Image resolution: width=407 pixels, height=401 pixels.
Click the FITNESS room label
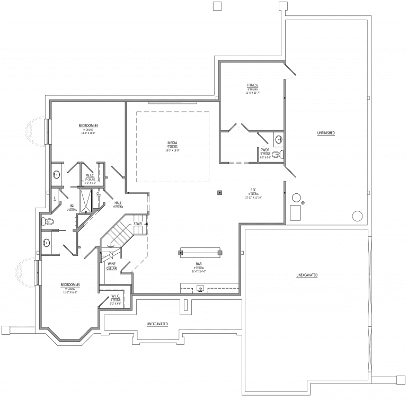coord(252,85)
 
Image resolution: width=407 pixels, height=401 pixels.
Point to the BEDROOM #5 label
coord(70,284)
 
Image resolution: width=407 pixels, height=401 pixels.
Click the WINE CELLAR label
coord(112,266)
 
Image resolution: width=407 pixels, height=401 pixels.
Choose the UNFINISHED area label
coord(326,132)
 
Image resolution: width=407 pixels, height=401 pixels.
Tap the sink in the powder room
coord(279,140)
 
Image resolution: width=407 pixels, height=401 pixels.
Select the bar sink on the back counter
coord(200,289)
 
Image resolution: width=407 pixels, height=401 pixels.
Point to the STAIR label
coord(137,224)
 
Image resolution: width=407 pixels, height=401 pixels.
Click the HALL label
coord(118,203)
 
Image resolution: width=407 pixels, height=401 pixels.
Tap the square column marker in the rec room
coord(219,192)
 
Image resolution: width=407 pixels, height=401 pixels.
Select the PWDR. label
coord(266,150)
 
